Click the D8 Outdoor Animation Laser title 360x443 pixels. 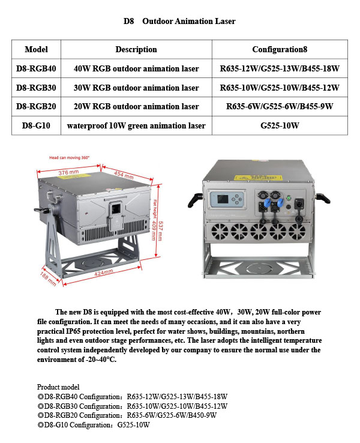coord(179,21)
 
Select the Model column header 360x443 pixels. coord(36,49)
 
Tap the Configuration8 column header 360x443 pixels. coord(280,49)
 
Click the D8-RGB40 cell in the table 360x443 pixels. coord(36,68)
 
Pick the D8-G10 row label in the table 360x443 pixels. coord(36,125)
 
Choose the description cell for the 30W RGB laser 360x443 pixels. coord(136,88)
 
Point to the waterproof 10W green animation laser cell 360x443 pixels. coord(136,125)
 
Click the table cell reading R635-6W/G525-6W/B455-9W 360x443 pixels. coord(280,107)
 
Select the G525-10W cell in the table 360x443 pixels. coord(280,125)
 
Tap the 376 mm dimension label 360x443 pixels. coord(68,173)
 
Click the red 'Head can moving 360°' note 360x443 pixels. coord(69,157)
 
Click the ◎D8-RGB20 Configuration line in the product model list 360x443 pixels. coord(127,415)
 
